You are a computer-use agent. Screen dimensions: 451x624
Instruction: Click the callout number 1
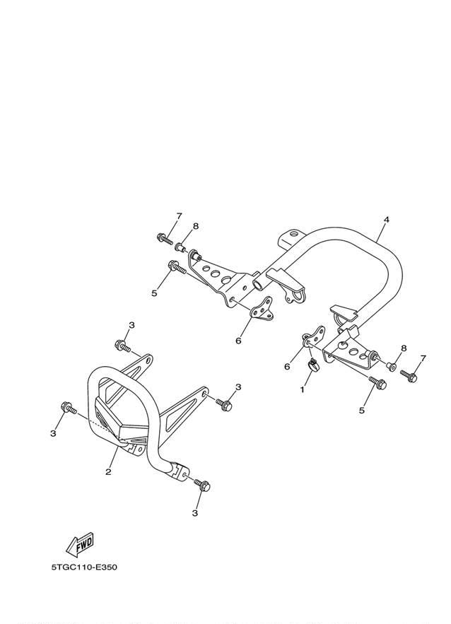303,389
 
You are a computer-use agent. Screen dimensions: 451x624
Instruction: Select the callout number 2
108,472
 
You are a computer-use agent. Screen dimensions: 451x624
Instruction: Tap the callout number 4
386,219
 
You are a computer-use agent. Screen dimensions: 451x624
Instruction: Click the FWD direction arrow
80,544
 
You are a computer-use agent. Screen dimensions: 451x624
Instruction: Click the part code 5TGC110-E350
84,567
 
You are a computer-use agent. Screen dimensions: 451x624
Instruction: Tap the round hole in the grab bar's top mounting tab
293,233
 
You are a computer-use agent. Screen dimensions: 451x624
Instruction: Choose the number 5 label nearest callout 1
361,411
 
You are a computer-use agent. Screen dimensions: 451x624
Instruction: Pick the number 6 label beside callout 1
287,367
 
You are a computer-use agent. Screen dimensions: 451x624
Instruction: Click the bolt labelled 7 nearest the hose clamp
409,376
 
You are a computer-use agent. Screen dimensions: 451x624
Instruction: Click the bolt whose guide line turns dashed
69,408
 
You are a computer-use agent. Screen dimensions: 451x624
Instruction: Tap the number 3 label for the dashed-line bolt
53,433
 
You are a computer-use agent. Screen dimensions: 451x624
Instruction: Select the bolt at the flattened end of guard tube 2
202,485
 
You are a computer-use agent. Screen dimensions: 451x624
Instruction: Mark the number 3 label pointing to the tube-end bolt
194,513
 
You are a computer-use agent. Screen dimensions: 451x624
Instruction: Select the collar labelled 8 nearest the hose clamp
392,366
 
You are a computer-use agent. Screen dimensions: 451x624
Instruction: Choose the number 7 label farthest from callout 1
179,216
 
